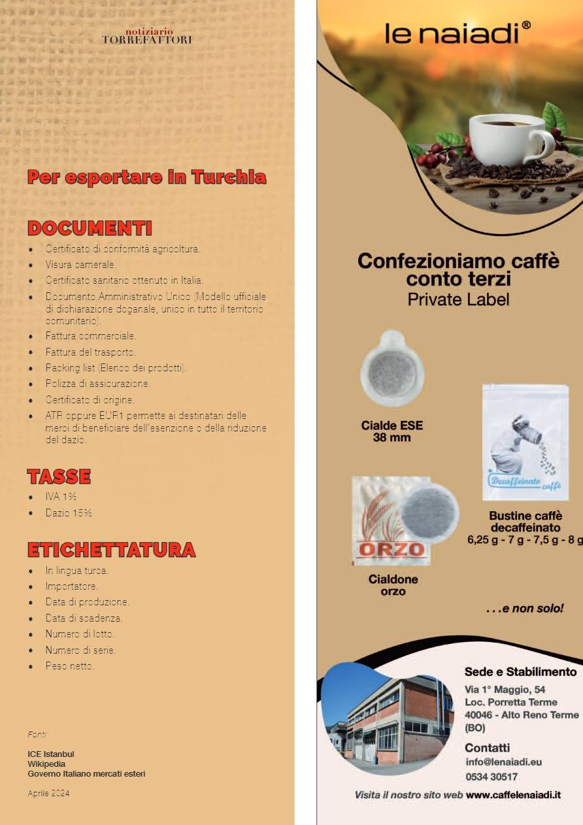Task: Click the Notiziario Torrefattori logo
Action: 147,36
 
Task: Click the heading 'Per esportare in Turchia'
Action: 147,177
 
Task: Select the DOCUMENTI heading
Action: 90,228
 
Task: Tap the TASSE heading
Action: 59,477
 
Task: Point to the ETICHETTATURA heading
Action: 111,550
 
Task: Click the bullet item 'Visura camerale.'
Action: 80,265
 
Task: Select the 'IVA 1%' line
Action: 61,497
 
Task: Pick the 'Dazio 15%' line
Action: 68,513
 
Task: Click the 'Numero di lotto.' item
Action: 80,634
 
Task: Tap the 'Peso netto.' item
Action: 70,666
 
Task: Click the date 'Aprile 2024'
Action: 48,794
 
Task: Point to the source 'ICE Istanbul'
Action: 51,754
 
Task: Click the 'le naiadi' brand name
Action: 457,32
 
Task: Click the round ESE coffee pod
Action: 392,370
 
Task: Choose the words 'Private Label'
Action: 458,299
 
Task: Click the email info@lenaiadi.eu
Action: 503,762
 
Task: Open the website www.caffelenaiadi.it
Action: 513,796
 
